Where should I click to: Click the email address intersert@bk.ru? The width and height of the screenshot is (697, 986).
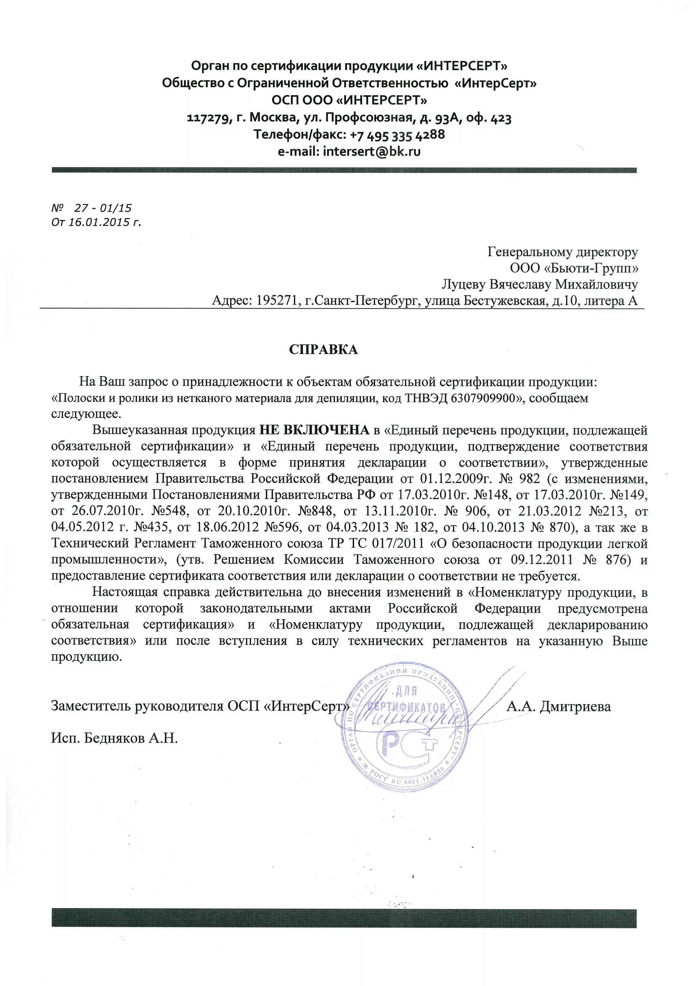point(372,152)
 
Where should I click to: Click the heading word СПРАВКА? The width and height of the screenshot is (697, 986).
point(323,349)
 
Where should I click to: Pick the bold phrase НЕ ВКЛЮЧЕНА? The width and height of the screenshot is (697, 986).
point(314,430)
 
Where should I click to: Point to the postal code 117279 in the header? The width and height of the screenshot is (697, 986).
point(209,118)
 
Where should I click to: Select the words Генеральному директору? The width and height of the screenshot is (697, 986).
point(563,252)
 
